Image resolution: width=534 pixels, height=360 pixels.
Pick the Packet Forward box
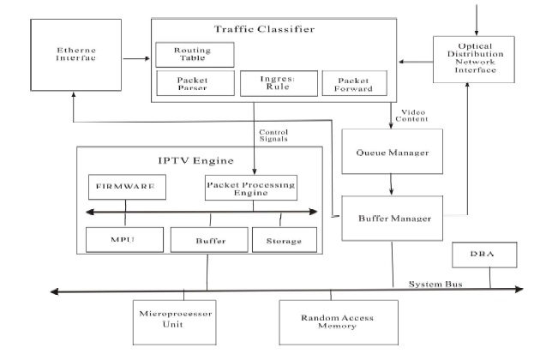pos(353,83)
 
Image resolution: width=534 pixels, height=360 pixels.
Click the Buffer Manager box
pos(392,219)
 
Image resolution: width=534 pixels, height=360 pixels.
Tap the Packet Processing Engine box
pos(250,187)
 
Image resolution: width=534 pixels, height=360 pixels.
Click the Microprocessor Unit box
pos(177,322)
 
